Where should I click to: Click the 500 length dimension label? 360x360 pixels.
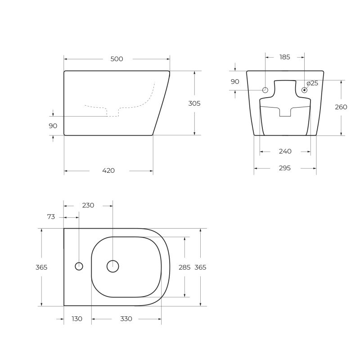[117, 59]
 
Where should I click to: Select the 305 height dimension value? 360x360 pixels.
[194, 103]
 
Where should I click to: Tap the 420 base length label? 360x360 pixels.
[108, 171]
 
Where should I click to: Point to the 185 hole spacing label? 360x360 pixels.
[284, 57]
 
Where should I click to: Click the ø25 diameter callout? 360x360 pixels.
[312, 83]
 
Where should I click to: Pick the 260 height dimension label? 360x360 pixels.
[341, 107]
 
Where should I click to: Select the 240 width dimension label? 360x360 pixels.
[285, 151]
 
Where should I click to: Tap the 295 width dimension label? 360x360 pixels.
[284, 168]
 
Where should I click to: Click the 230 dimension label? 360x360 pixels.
[88, 205]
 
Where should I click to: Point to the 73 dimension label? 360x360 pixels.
[51, 217]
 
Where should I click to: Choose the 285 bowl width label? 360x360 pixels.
[184, 267]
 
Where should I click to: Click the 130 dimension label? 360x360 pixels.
[77, 319]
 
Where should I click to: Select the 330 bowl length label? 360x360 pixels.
[126, 319]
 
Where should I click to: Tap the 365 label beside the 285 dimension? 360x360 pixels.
[200, 267]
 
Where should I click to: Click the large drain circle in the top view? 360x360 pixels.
[112, 266]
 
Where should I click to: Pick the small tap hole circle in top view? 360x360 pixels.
[79, 266]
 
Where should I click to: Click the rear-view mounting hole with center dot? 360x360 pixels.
[305, 90]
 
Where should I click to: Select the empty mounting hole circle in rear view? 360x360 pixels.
[265, 90]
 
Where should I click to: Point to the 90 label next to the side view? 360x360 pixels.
[53, 126]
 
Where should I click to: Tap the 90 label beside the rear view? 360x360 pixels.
[235, 81]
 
